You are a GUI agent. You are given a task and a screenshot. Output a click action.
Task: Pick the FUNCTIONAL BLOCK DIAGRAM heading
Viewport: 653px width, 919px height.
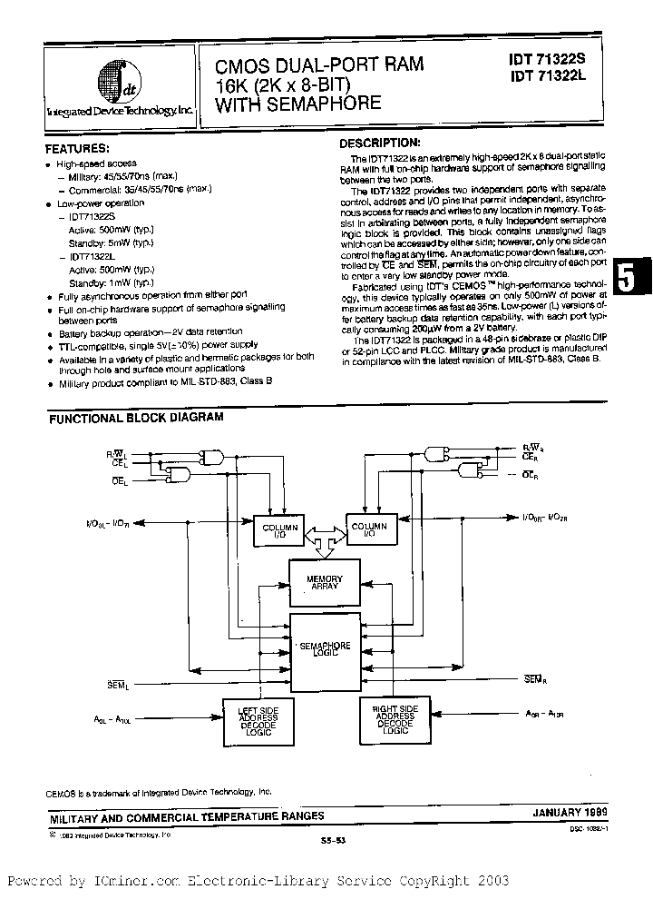[x=135, y=419]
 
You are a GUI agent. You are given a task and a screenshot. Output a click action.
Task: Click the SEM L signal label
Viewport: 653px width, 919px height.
[x=120, y=683]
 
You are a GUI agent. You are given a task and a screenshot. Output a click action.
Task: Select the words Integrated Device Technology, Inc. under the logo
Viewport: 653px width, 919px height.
[x=120, y=110]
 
